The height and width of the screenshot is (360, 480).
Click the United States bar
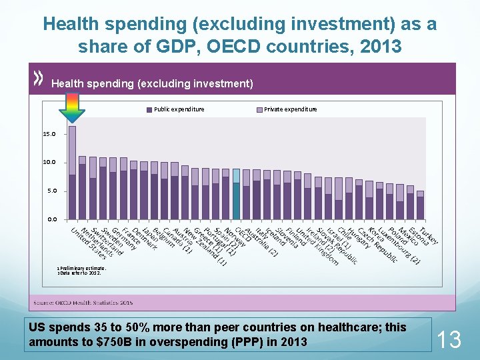[72, 173]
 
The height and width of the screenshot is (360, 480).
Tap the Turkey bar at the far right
[421, 205]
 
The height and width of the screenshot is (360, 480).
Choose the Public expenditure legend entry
[174, 109]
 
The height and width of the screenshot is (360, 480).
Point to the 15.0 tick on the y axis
[49, 134]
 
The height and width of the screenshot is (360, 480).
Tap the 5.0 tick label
[51, 191]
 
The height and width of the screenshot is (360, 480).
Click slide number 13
[449, 340]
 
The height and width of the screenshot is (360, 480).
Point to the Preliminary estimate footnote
[79, 268]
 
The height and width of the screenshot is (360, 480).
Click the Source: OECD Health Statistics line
[83, 303]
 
